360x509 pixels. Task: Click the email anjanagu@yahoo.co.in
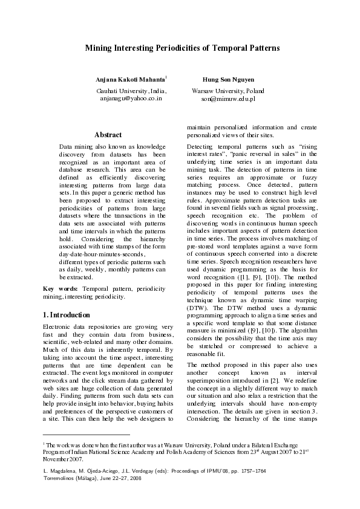131,97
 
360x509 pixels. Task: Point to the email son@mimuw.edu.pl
228,97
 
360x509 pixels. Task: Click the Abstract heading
108,135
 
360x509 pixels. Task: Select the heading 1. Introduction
67,315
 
